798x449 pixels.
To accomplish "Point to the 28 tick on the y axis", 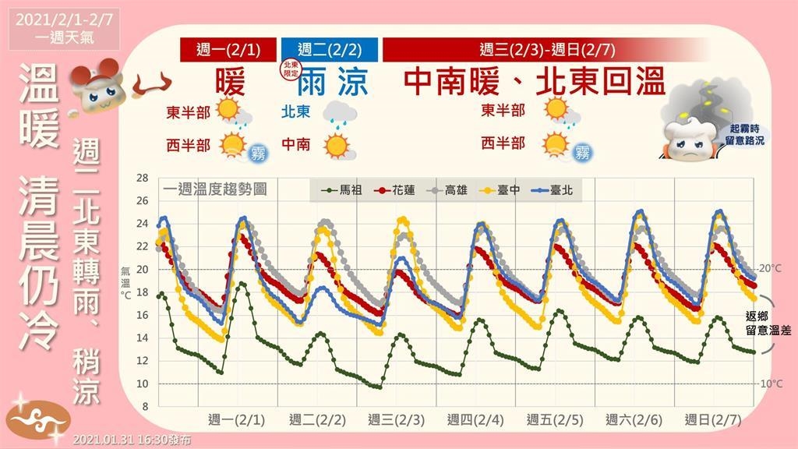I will pyautogui.click(x=142, y=178).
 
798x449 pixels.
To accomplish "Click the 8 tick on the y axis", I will pyautogui.click(x=144, y=407).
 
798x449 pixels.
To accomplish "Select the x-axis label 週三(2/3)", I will pyautogui.click(x=396, y=419).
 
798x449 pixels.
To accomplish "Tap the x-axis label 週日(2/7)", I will pyautogui.click(x=713, y=419).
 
